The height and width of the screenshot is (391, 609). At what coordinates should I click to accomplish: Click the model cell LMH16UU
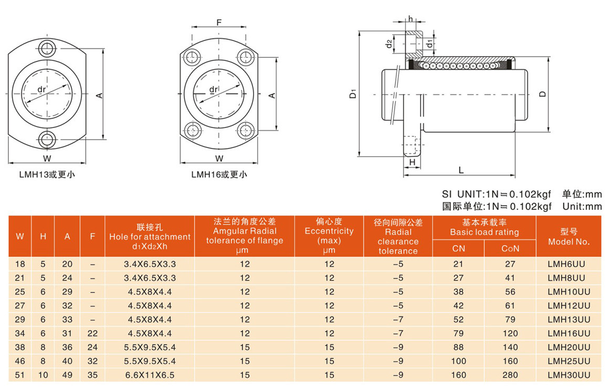569,334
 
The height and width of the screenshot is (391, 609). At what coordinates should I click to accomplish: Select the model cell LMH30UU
569,375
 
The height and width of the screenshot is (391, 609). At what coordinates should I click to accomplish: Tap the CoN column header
510,248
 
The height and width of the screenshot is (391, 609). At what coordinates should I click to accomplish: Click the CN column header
458,248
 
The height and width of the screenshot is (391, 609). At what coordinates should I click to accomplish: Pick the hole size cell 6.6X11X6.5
150,375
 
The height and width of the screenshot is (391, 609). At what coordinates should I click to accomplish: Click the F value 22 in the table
92,334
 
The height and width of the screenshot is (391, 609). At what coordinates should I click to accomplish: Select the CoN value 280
510,375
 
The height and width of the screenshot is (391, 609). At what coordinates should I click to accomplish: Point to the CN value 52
458,320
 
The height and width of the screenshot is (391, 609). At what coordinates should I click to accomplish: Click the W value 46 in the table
20,361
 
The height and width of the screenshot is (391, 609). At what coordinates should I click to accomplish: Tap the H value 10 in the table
43,375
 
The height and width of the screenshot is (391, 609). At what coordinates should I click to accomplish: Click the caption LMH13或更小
47,175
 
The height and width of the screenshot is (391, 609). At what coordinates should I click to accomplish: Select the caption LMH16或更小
219,175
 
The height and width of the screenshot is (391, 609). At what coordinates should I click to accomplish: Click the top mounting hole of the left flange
47,48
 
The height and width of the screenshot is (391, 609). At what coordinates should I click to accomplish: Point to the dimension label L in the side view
461,170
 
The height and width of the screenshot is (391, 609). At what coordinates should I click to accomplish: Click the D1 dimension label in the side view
353,93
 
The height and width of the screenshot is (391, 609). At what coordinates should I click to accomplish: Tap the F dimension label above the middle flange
219,23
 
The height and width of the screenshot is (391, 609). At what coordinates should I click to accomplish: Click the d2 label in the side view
389,44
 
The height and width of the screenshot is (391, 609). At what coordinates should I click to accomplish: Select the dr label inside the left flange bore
41,90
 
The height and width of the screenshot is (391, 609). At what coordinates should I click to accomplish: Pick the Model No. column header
569,237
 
